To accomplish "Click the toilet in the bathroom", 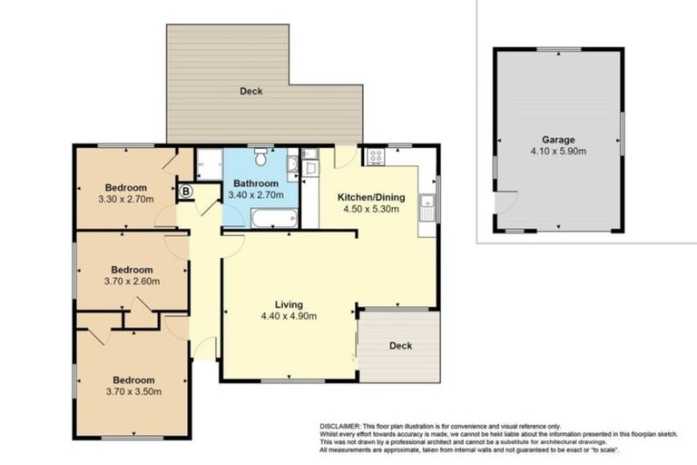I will [260, 159].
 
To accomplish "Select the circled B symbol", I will [185, 192].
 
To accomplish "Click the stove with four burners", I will [374, 157].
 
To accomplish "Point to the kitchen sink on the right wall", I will [427, 207].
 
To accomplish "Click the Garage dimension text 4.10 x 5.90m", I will [558, 152].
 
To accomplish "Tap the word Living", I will [290, 304].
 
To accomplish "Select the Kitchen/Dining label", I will [371, 197].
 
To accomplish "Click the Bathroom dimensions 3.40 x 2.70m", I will [258, 194].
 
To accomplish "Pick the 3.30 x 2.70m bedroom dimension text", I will [126, 198].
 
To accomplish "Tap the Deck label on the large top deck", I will [251, 91].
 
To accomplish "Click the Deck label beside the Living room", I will [400, 345].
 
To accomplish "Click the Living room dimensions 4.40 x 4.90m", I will [290, 317].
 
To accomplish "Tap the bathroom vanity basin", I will [292, 165].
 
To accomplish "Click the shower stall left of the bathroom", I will [209, 163].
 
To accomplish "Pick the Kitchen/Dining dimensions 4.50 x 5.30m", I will [371, 210].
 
